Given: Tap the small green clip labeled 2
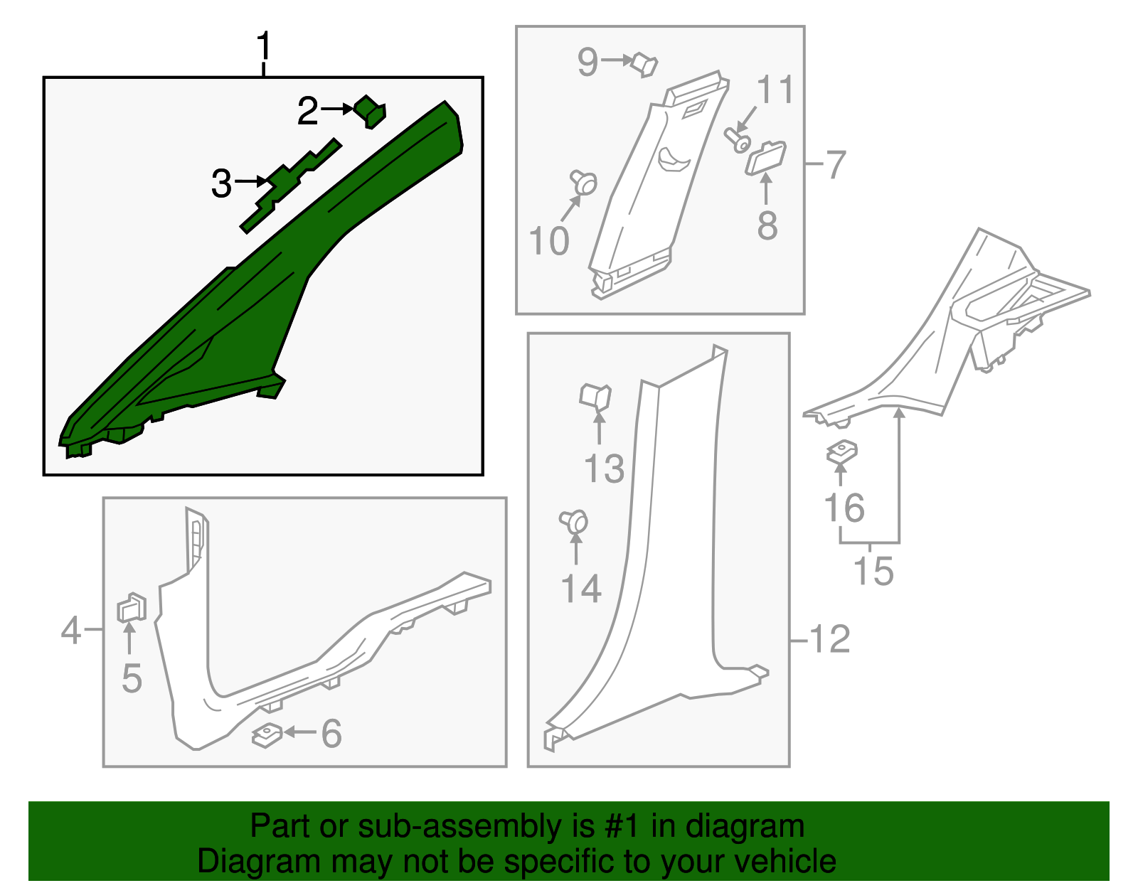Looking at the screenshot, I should tap(370, 111).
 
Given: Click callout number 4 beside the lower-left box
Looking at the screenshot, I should tap(70, 630).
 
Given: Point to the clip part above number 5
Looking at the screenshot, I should tap(131, 608).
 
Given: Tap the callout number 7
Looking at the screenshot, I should tap(835, 165).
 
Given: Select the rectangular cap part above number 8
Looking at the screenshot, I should tap(765, 158).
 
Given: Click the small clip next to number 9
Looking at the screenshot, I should tap(645, 64).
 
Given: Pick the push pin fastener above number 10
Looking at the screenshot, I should tap(584, 182).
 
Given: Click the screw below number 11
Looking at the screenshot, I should tap(737, 140).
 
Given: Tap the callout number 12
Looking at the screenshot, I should tap(830, 639).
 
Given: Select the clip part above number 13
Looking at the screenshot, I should tap(595, 397).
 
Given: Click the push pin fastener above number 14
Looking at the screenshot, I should tap(574, 522).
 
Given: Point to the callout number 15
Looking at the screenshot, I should tap(873, 571).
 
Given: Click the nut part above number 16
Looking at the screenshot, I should tap(841, 452).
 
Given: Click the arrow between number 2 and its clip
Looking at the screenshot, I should tap(337, 109).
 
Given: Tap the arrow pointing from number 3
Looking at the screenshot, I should tap(253, 182).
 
